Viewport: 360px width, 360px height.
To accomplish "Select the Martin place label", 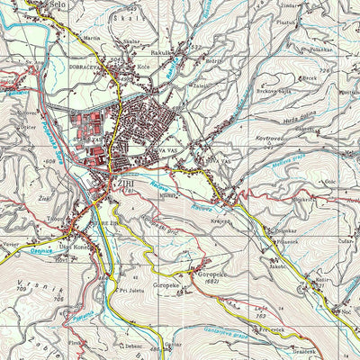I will coord(92,40).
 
